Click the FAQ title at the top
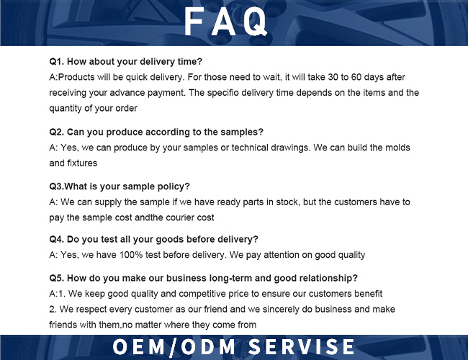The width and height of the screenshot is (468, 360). [x=225, y=22]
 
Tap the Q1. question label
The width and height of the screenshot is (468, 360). [x=57, y=61]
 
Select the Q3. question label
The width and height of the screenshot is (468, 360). [x=57, y=186]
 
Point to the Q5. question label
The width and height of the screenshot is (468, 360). [x=57, y=278]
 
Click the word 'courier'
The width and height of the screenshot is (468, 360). [x=180, y=217]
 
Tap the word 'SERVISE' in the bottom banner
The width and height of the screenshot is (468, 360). [x=302, y=347]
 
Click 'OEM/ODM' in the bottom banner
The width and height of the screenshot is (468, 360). [x=174, y=347]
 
